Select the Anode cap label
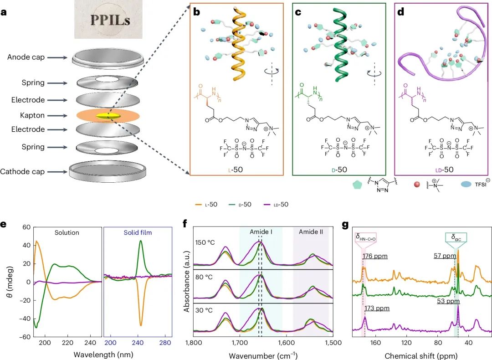(26, 57)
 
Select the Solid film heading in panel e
(138, 232)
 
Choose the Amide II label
(311, 232)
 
